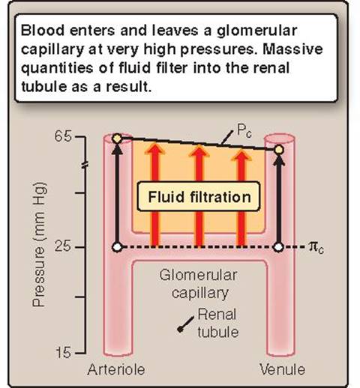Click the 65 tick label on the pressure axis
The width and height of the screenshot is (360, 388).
tap(63, 136)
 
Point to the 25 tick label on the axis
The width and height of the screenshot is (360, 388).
tap(63, 246)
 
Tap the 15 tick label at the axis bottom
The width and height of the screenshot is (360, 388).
tap(63, 353)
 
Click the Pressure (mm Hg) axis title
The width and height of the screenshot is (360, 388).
tap(40, 245)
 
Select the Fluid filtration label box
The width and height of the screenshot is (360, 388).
tap(199, 196)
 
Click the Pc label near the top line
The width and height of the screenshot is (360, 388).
tap(244, 130)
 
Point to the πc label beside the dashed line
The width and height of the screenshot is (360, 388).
tap(316, 248)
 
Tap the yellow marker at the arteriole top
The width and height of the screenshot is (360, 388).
tap(117, 139)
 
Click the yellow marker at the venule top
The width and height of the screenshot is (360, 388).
tap(279, 150)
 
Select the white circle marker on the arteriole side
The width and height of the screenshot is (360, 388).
tap(117, 247)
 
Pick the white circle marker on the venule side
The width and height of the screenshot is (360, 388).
tap(278, 247)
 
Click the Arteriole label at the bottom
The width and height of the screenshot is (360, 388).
tap(116, 369)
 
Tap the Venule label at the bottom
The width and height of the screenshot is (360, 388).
tap(283, 369)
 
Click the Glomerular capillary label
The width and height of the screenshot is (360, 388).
tap(199, 284)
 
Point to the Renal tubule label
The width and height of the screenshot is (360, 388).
tap(218, 323)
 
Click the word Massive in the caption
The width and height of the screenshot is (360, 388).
tap(292, 49)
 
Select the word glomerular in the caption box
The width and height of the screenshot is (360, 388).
tap(256, 31)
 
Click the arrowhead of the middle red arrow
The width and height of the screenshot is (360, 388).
tap(199, 151)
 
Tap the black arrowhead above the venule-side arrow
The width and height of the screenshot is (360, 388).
tap(279, 159)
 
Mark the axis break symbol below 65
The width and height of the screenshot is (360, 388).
tap(85, 165)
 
